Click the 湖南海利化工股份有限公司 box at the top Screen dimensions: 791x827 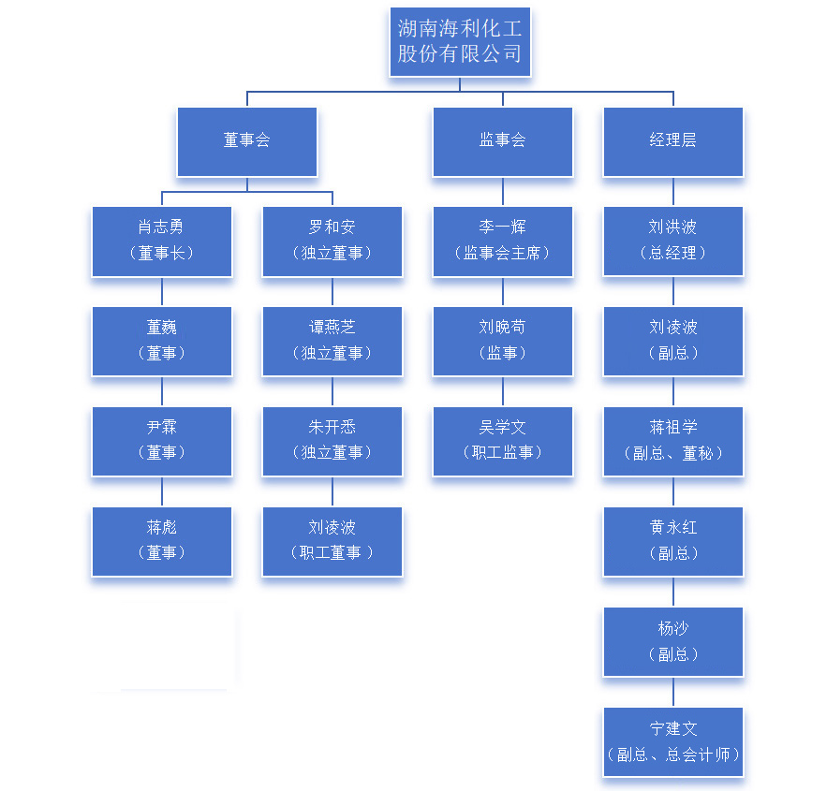[x=460, y=42]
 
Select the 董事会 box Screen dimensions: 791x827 [x=247, y=141]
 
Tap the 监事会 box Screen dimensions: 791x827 [x=503, y=141]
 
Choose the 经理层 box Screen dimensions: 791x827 [x=673, y=141]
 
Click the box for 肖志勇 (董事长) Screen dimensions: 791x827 [x=162, y=241]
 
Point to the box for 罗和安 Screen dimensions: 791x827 [x=332, y=241]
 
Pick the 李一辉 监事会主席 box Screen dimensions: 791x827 [x=503, y=241]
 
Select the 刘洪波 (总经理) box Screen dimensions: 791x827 [x=673, y=241]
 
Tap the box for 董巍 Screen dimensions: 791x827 [x=162, y=341]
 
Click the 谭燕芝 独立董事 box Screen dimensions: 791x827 [x=332, y=341]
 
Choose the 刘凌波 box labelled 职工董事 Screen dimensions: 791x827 [x=332, y=541]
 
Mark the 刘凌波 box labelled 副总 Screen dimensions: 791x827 [x=673, y=341]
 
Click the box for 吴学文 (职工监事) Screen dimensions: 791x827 [x=503, y=441]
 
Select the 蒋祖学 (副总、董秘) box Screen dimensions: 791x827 [x=673, y=441]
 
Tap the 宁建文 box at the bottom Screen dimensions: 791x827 [x=673, y=741]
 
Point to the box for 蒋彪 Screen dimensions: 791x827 [x=162, y=541]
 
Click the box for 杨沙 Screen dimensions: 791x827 [x=673, y=641]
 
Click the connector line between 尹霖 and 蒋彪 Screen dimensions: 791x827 [x=162, y=491]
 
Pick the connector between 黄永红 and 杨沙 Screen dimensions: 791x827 [x=673, y=592]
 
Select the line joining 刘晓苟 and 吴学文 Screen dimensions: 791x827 [x=503, y=391]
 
